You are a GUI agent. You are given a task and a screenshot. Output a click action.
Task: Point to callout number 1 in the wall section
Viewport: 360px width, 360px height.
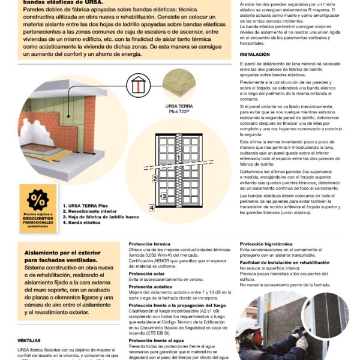[178, 157]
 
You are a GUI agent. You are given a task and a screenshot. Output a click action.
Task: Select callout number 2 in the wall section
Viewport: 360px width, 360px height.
[154, 178]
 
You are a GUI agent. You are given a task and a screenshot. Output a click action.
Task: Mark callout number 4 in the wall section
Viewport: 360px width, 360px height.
[152, 208]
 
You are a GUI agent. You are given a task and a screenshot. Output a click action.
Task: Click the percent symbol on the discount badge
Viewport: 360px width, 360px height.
[38, 199]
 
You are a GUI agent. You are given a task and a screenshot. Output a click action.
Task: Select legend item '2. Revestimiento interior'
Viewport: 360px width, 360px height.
[92, 211]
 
